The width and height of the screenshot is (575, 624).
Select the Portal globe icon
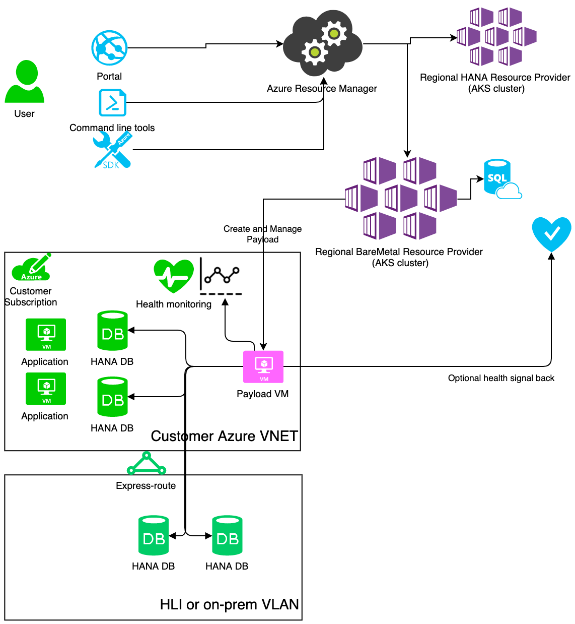(x=109, y=48)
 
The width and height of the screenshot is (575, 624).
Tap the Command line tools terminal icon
(x=112, y=103)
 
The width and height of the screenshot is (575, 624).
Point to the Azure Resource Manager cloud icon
(x=322, y=43)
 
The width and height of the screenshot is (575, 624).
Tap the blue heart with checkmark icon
(x=551, y=233)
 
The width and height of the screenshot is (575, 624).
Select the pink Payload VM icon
(x=263, y=366)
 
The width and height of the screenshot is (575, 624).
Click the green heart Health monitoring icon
(x=174, y=276)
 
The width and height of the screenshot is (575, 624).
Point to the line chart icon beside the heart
(x=221, y=276)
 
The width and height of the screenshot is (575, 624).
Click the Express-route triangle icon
(x=147, y=464)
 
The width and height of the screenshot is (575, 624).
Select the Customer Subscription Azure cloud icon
(x=31, y=268)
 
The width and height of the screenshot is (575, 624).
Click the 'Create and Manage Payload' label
(x=262, y=234)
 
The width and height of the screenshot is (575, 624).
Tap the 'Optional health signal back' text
(x=501, y=378)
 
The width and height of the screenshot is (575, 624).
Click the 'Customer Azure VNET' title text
(x=224, y=436)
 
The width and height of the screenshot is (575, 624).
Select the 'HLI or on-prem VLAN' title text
(x=229, y=604)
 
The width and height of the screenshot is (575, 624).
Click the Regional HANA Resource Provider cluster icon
(x=496, y=37)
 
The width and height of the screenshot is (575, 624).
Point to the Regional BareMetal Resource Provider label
(x=399, y=257)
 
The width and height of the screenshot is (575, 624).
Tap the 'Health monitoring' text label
(x=174, y=304)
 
